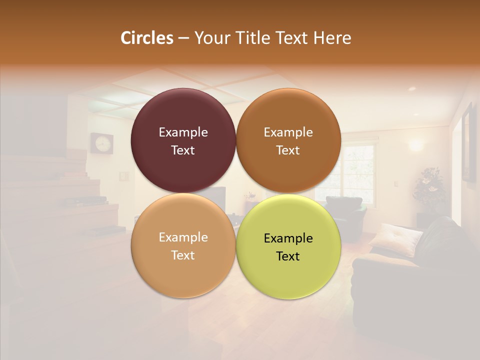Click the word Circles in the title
[147, 37]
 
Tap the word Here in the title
[332, 37]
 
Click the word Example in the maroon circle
[183, 132]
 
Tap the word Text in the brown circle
[288, 150]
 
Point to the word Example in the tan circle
[183, 237]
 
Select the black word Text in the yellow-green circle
[288, 256]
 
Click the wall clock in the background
[102, 143]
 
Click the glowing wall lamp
[415, 145]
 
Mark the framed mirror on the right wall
[468, 142]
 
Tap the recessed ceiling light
[412, 88]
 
